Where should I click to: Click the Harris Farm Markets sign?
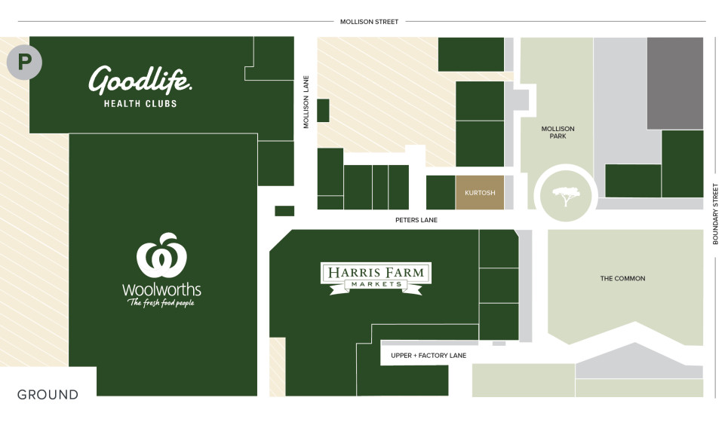coord(376,277)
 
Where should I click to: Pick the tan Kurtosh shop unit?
coord(480,193)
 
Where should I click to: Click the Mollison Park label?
coord(558,132)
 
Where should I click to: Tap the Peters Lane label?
coord(416,220)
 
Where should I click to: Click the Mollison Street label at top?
coord(369,22)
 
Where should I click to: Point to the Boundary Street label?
coord(715,214)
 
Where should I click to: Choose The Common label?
coord(622,279)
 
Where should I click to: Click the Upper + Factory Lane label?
coord(429,355)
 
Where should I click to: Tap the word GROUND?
coord(48,395)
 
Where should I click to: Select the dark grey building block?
coord(675,83)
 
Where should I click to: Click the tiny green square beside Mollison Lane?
coord(323,110)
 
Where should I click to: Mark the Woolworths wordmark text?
coord(161,289)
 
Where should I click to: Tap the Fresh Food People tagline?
coord(161,303)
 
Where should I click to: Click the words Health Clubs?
coord(140,103)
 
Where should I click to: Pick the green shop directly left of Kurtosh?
coord(441,193)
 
